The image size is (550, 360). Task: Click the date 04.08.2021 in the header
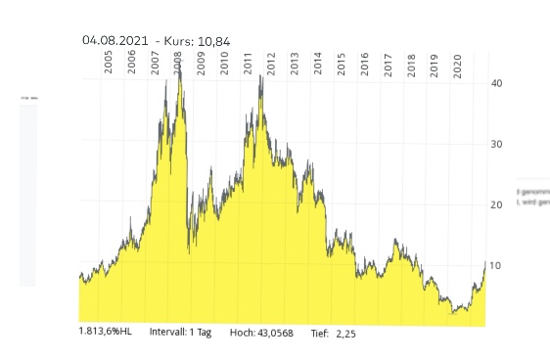115,41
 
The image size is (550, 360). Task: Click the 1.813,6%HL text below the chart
107,333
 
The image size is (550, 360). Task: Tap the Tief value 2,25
346,333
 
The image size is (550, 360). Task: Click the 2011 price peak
261,74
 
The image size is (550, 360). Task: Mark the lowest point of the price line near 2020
452,313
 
